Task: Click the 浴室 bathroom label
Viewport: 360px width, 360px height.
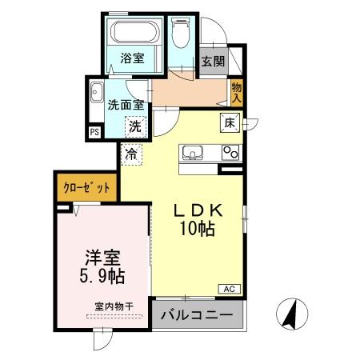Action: coord(131,58)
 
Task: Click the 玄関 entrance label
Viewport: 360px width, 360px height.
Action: coord(212,62)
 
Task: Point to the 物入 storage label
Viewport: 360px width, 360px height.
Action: coord(238,91)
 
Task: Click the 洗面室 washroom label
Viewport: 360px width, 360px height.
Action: coord(126,103)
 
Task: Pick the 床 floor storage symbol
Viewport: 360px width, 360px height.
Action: coord(229,123)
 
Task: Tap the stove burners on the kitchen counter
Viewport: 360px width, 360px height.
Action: coord(231,151)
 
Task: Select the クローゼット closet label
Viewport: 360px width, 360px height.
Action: coord(86,190)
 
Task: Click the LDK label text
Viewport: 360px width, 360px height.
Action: coord(204,210)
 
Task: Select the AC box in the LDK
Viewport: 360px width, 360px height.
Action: coord(227,289)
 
